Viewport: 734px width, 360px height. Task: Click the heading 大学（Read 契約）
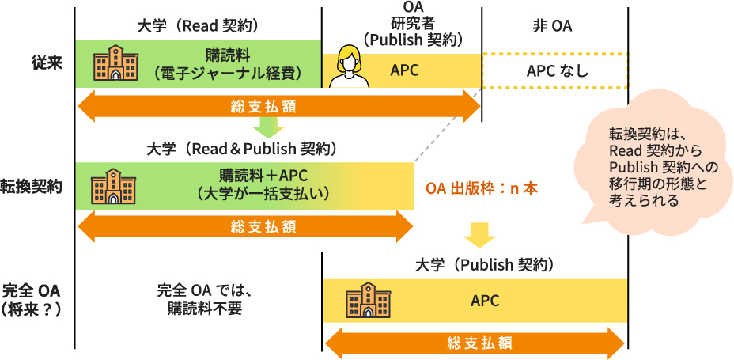(198, 25)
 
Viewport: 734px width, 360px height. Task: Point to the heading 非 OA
(553, 25)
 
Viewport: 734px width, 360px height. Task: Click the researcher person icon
(350, 69)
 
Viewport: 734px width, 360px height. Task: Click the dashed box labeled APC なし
(554, 71)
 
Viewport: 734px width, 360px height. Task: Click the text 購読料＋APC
(263, 174)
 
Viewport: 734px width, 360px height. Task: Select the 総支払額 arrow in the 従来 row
(278, 106)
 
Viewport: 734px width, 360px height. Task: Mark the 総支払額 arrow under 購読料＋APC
(244, 227)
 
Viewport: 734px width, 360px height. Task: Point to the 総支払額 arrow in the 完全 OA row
(475, 343)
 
